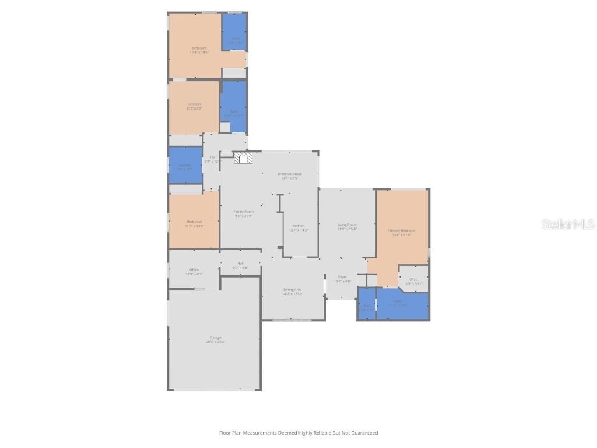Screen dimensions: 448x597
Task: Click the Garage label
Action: click(215, 337)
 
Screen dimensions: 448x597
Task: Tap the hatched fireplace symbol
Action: click(244, 158)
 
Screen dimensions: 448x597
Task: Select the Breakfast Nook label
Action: click(289, 174)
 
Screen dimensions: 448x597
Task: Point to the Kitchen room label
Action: click(298, 226)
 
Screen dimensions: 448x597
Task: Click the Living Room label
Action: click(347, 225)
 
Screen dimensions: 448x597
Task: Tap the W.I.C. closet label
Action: click(413, 279)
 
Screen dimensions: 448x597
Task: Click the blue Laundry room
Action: click(185, 165)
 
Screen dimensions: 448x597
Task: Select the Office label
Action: click(194, 269)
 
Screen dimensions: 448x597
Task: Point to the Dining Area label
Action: click(292, 289)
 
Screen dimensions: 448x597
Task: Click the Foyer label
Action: click(342, 277)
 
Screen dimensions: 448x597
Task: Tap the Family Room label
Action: click(243, 211)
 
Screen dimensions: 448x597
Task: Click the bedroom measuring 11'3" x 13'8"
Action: click(194, 222)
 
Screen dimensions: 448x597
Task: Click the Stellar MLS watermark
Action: click(567, 224)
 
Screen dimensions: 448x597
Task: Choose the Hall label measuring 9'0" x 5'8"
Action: click(240, 264)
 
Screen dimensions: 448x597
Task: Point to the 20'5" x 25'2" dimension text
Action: click(215, 341)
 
